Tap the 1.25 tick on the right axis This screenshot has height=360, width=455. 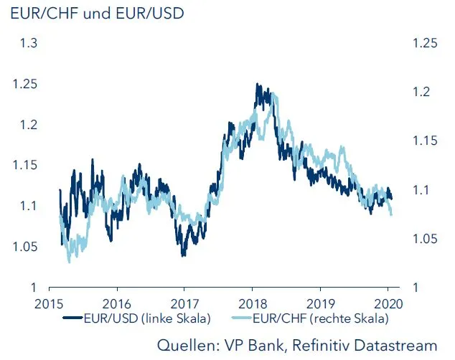[425, 44]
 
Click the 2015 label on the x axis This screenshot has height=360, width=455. [50, 303]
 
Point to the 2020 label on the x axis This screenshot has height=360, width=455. [388, 303]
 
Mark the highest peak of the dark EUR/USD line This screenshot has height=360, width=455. [256, 84]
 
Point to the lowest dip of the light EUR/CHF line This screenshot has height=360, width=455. [69, 262]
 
